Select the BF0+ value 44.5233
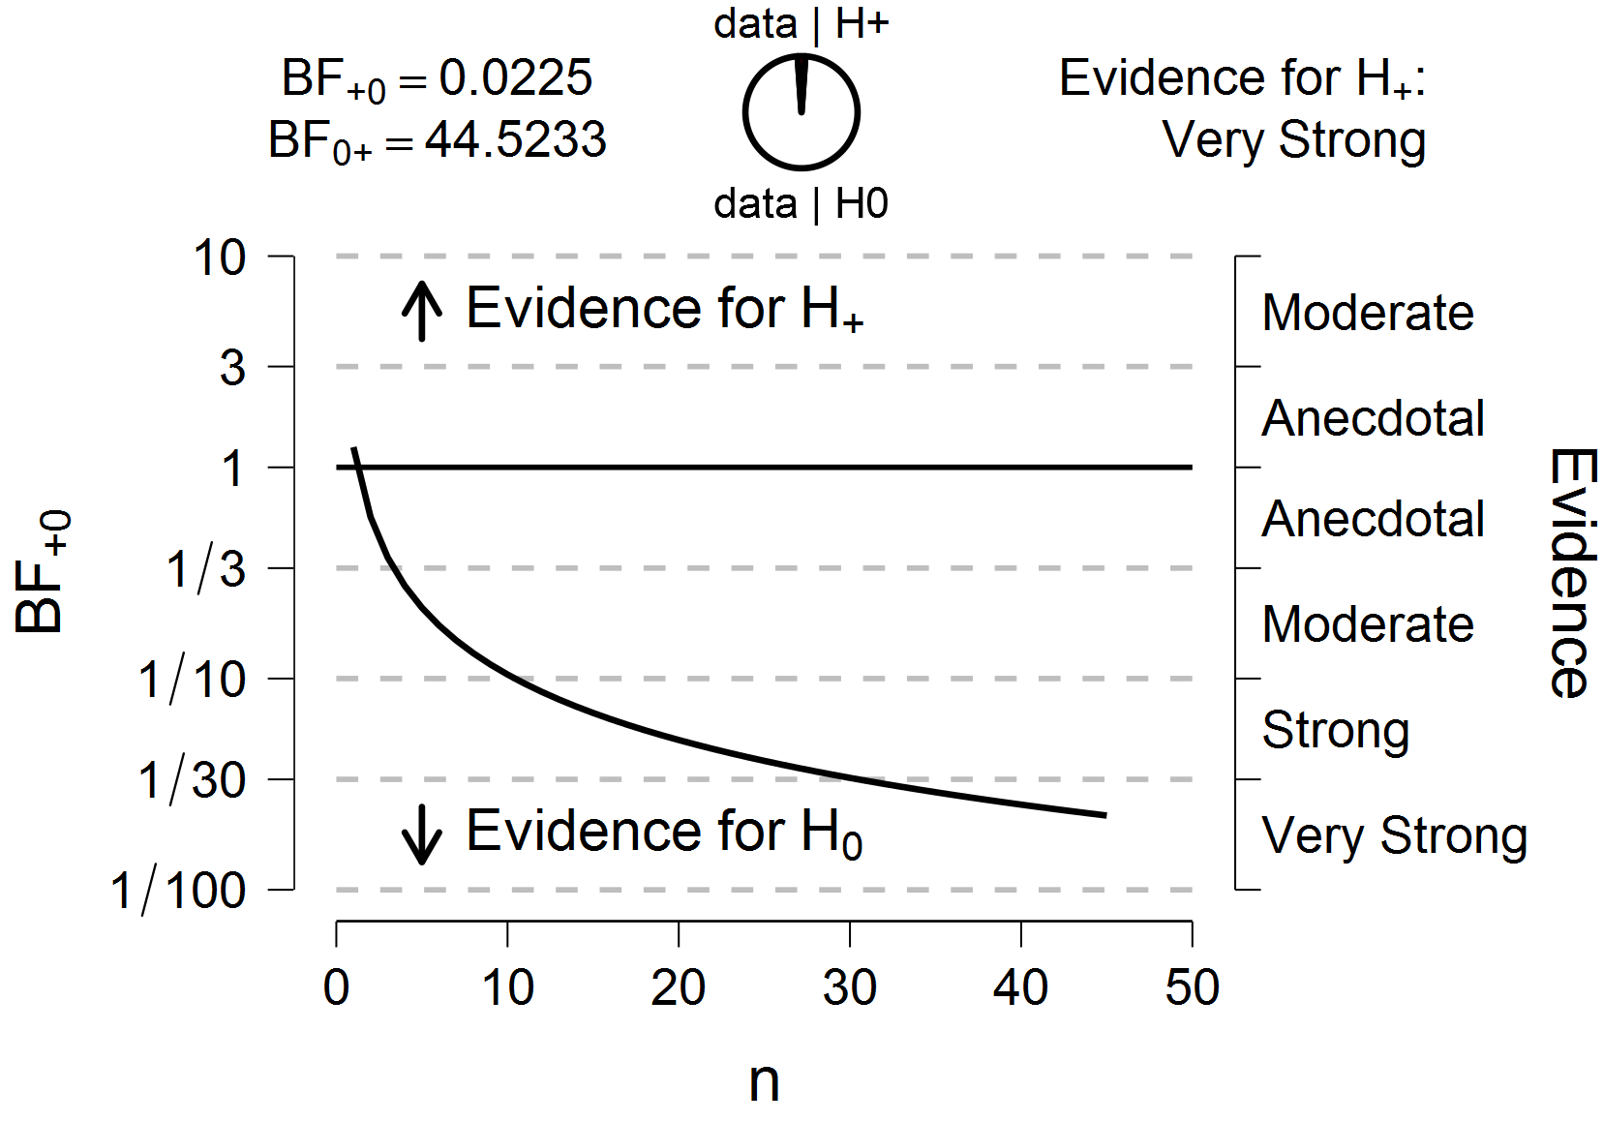click(x=515, y=139)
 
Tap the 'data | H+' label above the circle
click(x=801, y=23)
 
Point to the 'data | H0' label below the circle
click(x=801, y=203)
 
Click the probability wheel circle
click(x=801, y=112)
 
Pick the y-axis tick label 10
click(x=220, y=258)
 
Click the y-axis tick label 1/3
click(x=206, y=569)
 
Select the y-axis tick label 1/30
click(x=193, y=780)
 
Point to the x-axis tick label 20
click(x=678, y=988)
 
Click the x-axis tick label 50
click(x=1192, y=988)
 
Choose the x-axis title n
click(x=764, y=1081)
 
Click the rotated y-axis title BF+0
click(x=43, y=571)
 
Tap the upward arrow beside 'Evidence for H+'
click(x=422, y=310)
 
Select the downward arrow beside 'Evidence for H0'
click(x=422, y=833)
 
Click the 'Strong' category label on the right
click(x=1335, y=730)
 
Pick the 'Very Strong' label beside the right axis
click(x=1394, y=835)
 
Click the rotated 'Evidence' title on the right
click(x=1570, y=572)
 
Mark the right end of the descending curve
click(x=1104, y=815)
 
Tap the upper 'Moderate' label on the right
click(x=1367, y=313)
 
